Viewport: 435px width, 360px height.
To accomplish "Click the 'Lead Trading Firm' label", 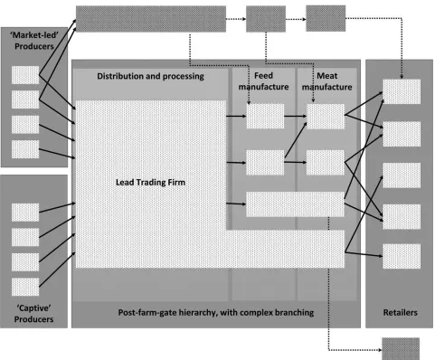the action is [150, 183].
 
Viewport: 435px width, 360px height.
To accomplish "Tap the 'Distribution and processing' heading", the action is [150, 76].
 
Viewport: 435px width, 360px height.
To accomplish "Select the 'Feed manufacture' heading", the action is [263, 81].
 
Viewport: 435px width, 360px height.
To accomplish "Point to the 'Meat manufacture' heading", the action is [327, 81].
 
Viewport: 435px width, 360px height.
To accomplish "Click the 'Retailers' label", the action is [400, 312].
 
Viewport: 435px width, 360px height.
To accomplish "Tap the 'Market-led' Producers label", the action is [34, 41].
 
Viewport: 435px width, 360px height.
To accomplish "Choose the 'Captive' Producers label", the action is [33, 314].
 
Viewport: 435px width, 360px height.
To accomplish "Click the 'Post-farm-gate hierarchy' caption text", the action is [216, 312].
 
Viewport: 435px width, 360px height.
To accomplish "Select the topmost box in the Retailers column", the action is [402, 91].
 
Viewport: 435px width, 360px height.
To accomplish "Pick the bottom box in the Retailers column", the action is [402, 256].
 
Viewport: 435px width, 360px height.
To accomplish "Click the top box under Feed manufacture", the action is [265, 117].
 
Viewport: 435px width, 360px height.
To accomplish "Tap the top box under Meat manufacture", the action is [326, 117].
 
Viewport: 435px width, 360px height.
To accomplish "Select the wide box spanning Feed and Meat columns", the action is [295, 204].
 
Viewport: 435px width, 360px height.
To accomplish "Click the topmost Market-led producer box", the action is [25, 75].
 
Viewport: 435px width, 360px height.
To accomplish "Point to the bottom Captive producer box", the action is [25, 287].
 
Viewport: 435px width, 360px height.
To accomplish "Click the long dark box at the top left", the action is [151, 19].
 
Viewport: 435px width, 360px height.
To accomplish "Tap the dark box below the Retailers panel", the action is [401, 349].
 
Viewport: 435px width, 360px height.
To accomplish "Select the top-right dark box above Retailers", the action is [326, 18].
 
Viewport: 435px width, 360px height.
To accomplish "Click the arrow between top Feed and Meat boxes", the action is [296, 116].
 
